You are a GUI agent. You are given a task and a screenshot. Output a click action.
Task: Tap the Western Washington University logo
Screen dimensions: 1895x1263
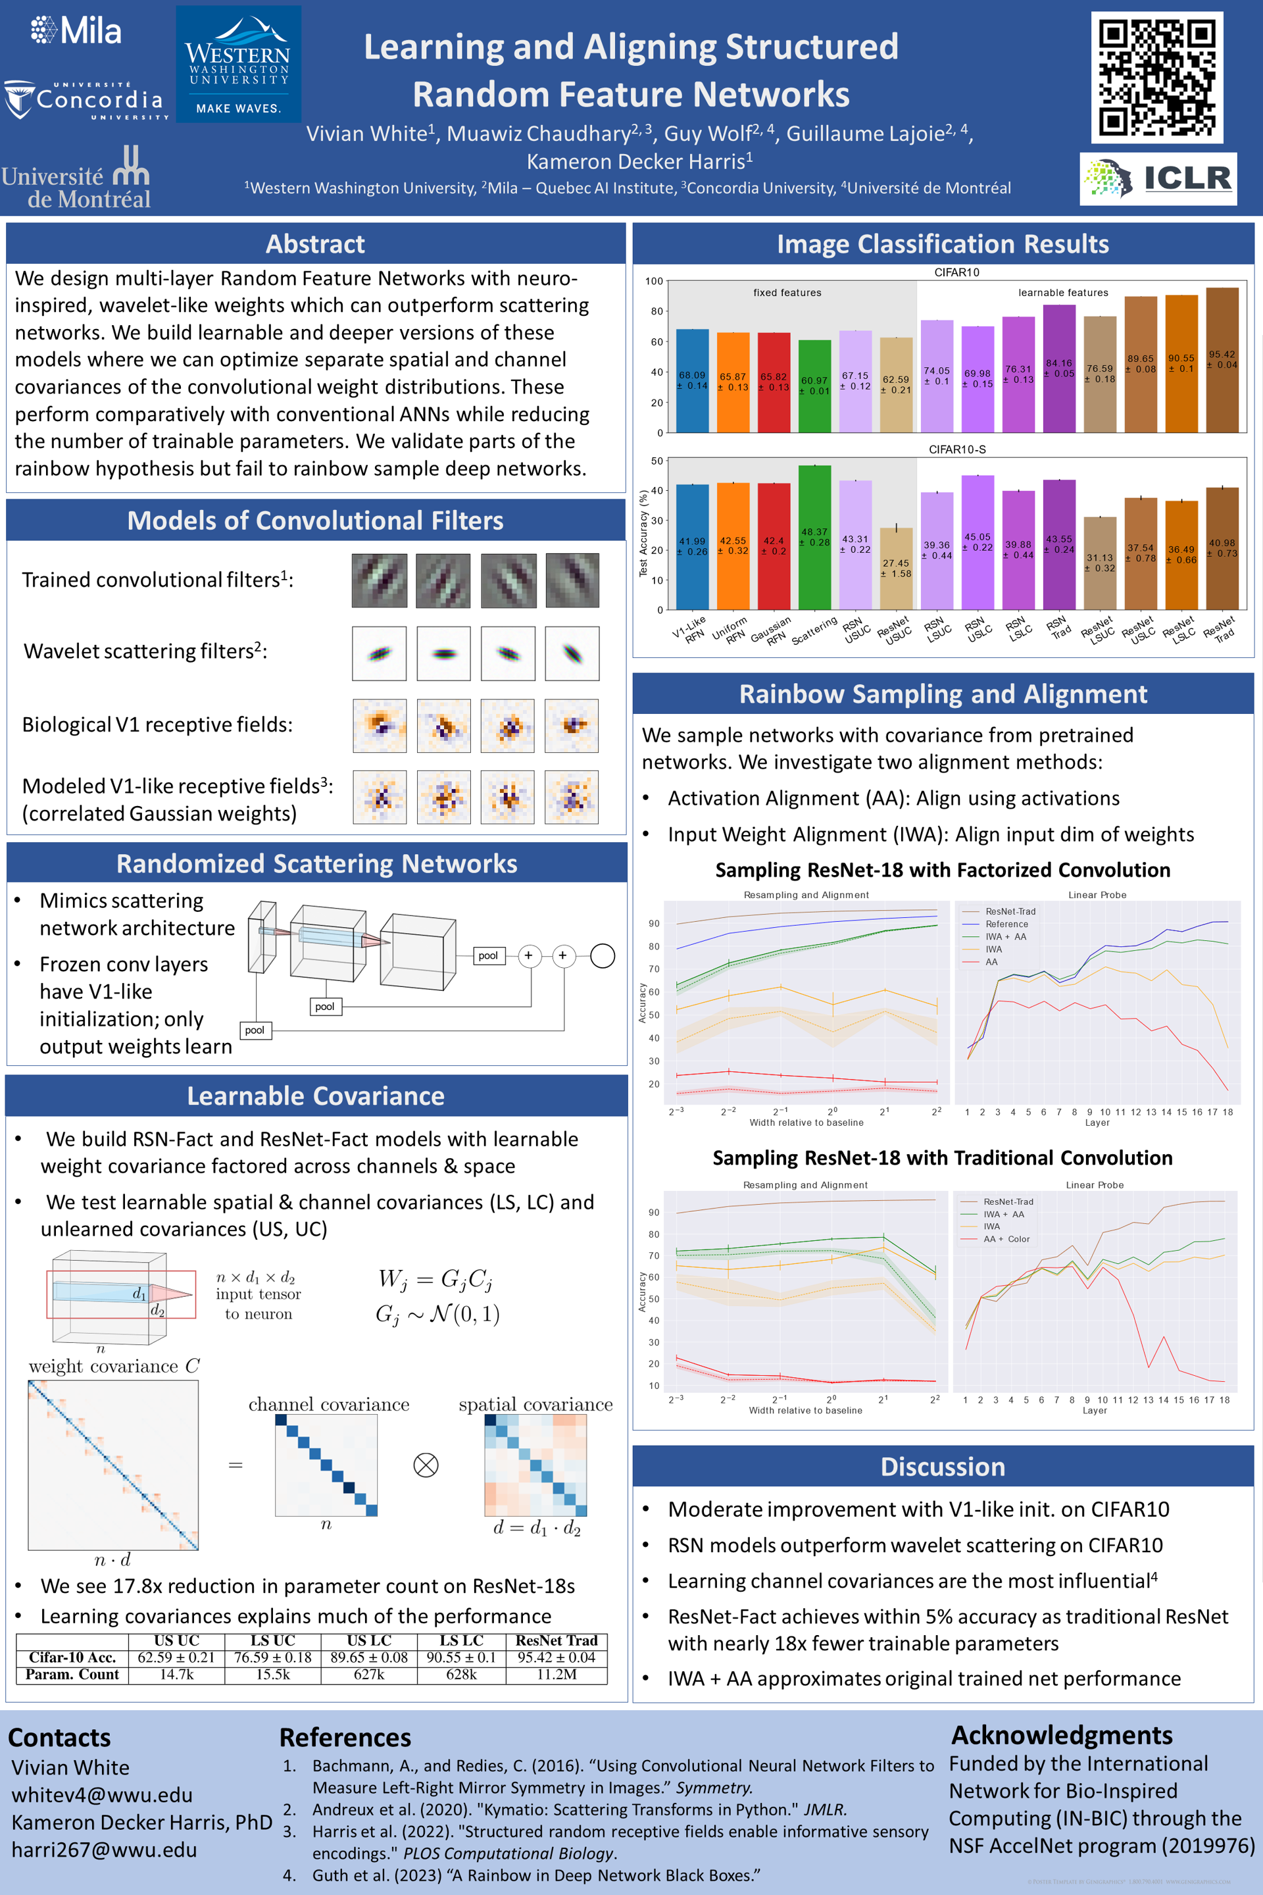tap(238, 64)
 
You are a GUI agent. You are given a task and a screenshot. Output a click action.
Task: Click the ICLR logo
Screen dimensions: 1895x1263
tap(1158, 178)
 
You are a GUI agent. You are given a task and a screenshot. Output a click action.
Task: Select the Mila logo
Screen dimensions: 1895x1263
tap(76, 31)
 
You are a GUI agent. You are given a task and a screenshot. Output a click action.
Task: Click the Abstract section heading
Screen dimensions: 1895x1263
tap(315, 244)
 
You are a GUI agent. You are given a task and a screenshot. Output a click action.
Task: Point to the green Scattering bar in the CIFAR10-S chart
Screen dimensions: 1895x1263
tap(814, 537)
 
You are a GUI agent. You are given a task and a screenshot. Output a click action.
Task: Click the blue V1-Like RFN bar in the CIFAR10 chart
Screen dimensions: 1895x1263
tap(692, 380)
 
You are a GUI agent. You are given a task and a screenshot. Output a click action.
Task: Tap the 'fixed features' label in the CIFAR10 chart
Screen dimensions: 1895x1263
tap(787, 292)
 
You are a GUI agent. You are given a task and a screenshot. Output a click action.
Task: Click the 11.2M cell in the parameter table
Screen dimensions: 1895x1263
tap(556, 1674)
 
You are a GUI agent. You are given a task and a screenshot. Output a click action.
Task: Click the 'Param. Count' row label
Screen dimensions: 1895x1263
tap(72, 1674)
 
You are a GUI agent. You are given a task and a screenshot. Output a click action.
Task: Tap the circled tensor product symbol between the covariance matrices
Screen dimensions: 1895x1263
tap(426, 1465)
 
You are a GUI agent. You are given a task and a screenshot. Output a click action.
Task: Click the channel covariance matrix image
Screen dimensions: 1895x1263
tap(326, 1465)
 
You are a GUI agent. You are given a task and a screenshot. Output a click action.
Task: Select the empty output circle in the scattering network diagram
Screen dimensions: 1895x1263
tap(603, 955)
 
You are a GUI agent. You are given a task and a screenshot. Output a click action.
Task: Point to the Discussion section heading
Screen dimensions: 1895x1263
tap(943, 1467)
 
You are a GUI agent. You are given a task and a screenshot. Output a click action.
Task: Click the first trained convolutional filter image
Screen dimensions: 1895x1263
tap(380, 580)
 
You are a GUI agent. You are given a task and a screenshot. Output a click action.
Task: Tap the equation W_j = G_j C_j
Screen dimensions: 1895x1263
tap(435, 1279)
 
